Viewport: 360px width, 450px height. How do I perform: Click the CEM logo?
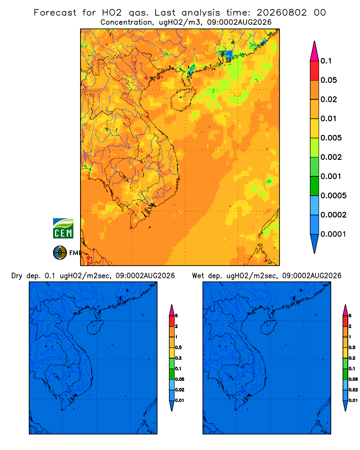pos(63,229)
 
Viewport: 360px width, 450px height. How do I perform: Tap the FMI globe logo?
pos(60,252)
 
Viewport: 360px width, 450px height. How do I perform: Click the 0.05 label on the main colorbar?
pos(328,80)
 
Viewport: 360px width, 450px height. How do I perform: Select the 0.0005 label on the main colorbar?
pos(333,196)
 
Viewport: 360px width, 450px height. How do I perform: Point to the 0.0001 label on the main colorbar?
pos(333,234)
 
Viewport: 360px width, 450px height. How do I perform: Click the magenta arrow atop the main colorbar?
pos(315,51)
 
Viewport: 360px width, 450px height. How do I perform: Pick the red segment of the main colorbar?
pos(315,71)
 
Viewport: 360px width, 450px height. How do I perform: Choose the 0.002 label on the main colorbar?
pos(331,157)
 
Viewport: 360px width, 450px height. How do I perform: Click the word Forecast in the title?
pos(55,13)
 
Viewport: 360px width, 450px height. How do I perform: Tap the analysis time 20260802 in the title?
pos(282,13)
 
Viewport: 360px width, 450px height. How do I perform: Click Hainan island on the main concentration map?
pos(183,99)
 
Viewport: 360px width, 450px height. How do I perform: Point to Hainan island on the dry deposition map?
pos(95,328)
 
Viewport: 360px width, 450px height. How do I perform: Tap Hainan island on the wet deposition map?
pos(269,328)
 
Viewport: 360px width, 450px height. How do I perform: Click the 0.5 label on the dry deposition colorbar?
pos(178,347)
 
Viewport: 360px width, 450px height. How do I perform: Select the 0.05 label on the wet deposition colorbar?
pos(353,379)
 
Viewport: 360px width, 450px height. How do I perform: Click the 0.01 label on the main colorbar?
pos(328,118)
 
